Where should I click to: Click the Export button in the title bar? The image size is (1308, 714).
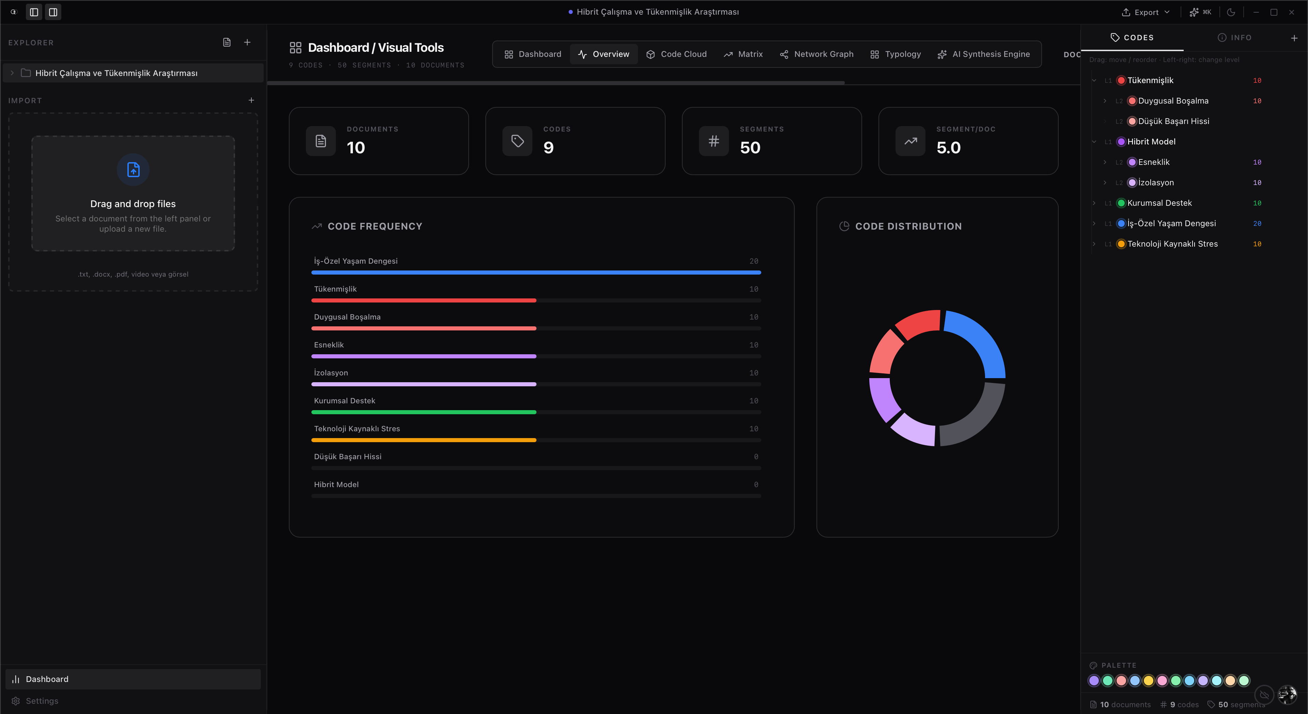(x=1146, y=12)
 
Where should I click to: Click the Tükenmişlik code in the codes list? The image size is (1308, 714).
(x=1150, y=80)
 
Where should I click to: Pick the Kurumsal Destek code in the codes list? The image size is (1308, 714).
(x=1159, y=203)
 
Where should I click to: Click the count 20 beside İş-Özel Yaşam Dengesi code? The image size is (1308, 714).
(x=1257, y=223)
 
